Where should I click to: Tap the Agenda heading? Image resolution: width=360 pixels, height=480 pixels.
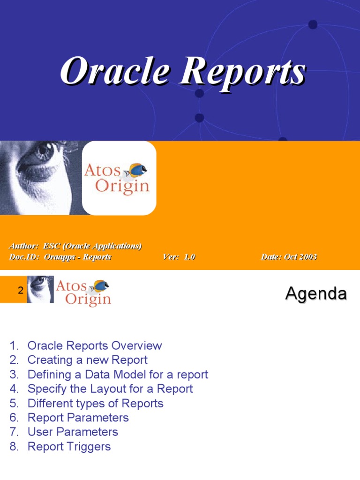(316, 294)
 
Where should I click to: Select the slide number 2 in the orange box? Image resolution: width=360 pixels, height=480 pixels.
(20, 291)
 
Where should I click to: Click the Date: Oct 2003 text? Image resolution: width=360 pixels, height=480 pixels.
(288, 257)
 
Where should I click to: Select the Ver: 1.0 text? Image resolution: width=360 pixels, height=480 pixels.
(179, 257)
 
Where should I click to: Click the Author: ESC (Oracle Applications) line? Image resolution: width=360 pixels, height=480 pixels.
(75, 246)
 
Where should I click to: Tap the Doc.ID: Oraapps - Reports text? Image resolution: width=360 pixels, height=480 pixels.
(60, 257)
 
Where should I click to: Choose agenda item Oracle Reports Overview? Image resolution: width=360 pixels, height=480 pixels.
(94, 346)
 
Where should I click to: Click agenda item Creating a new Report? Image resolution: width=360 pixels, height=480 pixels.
(87, 360)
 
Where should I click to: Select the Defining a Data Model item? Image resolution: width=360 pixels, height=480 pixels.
(118, 375)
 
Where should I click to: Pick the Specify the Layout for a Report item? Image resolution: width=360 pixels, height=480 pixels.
(110, 389)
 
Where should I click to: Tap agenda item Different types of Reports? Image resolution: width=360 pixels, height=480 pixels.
(95, 404)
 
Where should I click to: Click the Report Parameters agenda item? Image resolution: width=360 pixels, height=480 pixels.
(78, 418)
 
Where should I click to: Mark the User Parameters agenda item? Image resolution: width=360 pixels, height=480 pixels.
(73, 432)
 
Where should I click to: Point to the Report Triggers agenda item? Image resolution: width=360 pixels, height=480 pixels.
(69, 447)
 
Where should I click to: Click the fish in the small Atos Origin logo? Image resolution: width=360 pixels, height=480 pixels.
(101, 285)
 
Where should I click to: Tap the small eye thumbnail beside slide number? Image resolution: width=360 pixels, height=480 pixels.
(40, 289)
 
